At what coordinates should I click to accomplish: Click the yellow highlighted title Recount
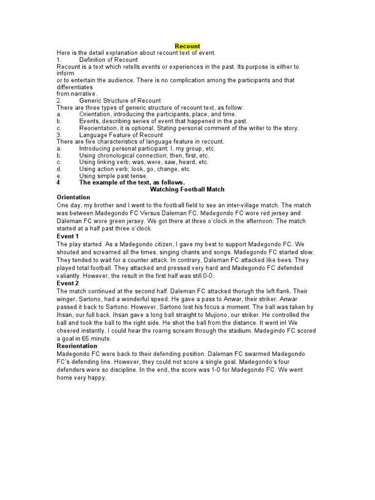[x=187, y=46]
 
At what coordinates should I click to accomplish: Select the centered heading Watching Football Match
[x=187, y=189]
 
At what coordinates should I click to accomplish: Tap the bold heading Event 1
[x=68, y=236]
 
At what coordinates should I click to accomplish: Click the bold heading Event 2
[x=68, y=283]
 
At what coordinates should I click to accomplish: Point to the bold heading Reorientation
[x=78, y=346]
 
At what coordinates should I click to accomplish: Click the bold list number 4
[x=59, y=182]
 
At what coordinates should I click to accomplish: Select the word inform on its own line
[x=65, y=73]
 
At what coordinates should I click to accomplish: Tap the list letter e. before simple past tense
[x=59, y=175]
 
